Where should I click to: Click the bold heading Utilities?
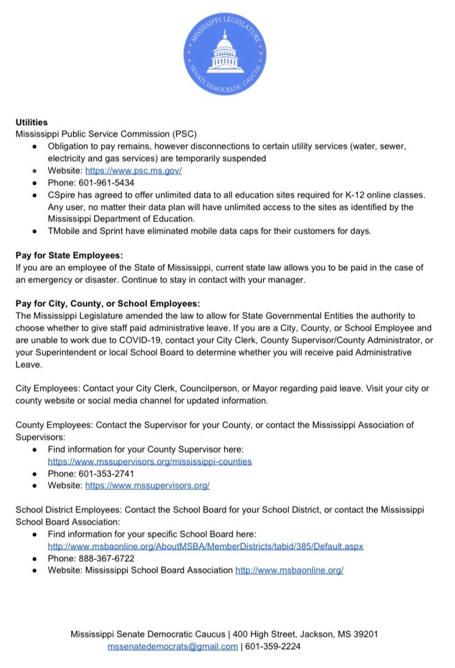tap(32, 123)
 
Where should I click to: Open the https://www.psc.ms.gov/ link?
tap(133, 171)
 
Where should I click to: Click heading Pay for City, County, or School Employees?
tap(107, 303)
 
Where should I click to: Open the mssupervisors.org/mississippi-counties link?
tap(149, 461)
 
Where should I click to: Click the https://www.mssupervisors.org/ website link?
tap(147, 486)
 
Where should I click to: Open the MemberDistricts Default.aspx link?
tap(205, 546)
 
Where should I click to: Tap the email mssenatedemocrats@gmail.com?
tap(172, 647)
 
